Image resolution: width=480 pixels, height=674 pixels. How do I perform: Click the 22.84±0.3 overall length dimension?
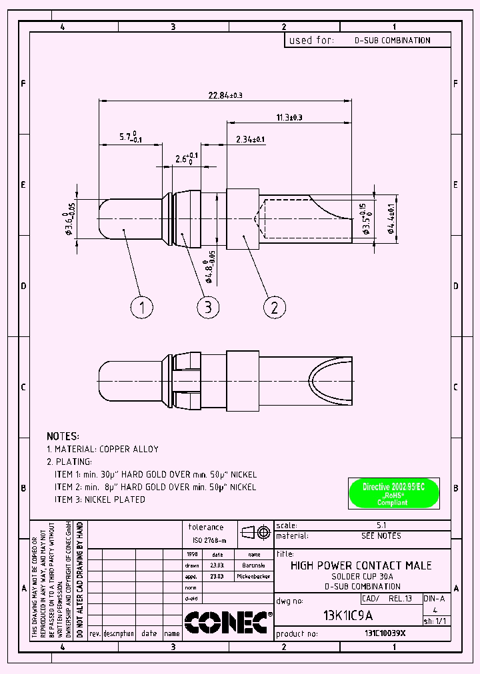coord(225,95)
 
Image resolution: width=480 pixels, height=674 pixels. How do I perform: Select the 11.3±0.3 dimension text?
coord(289,117)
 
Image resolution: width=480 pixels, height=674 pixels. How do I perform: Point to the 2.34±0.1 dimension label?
coord(250,139)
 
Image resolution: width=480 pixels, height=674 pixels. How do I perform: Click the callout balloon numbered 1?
coord(141,307)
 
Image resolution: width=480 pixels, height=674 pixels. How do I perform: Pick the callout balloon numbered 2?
coord(275,307)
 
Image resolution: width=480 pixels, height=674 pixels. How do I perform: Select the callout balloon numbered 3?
coord(208,307)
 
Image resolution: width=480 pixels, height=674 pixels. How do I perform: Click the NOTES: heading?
coord(63,436)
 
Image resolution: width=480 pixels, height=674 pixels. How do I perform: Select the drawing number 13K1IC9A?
coord(347,615)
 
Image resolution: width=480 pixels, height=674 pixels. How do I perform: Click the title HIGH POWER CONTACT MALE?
coord(361,565)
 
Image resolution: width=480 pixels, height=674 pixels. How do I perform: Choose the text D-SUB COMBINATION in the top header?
coord(392,41)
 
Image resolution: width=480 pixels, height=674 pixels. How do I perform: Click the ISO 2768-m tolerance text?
coord(209,541)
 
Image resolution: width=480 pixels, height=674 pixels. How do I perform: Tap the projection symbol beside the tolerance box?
coord(255,533)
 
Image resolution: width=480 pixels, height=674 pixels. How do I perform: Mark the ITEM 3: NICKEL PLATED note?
coord(99,500)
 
